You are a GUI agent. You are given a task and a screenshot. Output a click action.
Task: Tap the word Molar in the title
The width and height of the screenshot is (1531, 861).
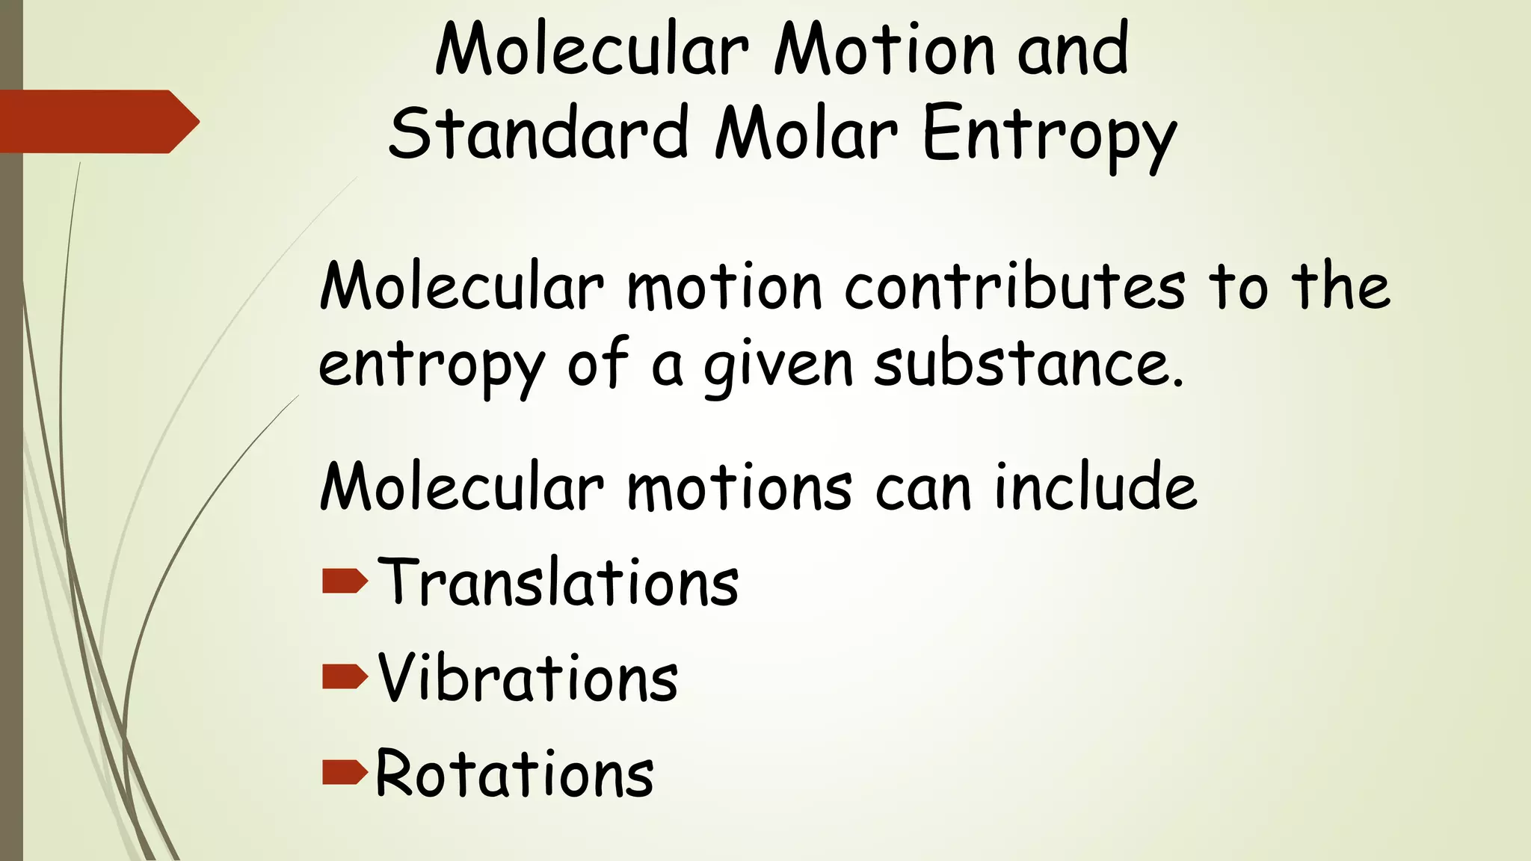click(x=806, y=133)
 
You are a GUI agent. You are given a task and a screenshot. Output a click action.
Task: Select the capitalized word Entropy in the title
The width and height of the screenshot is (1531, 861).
click(x=1050, y=136)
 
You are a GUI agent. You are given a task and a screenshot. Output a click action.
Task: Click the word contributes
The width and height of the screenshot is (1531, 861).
click(x=1014, y=287)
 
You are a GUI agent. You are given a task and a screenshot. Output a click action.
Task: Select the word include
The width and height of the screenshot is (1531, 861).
click(x=1095, y=487)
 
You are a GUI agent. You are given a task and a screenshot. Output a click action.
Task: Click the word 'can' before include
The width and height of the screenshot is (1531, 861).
click(x=922, y=490)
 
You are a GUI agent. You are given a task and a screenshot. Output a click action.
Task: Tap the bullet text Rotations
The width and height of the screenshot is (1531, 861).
click(x=514, y=773)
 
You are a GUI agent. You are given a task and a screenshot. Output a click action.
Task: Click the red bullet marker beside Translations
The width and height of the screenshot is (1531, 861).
click(x=345, y=581)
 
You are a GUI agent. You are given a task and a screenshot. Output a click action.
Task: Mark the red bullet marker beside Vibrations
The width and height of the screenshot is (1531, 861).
click(x=345, y=676)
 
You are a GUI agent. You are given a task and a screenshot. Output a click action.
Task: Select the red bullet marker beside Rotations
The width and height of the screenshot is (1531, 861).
click(x=345, y=772)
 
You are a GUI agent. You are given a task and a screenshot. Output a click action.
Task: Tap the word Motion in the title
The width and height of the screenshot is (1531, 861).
click(x=884, y=51)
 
